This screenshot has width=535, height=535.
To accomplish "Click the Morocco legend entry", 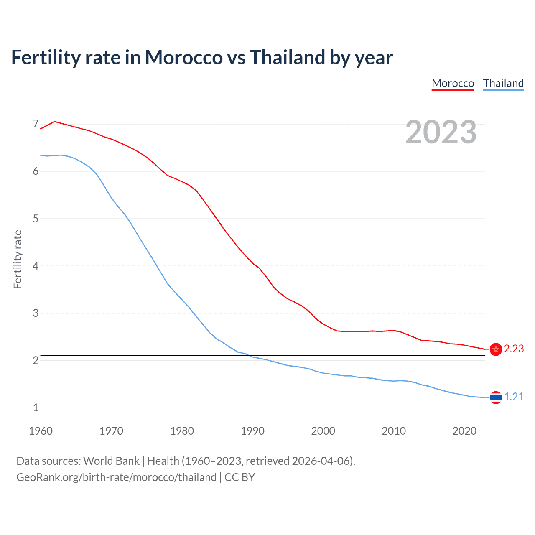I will pyautogui.click(x=453, y=83).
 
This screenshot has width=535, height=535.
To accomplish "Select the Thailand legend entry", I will pyautogui.click(x=503, y=83).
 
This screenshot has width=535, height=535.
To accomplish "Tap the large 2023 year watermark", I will pyautogui.click(x=441, y=132).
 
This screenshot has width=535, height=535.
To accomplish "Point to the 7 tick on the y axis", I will pyautogui.click(x=36, y=124).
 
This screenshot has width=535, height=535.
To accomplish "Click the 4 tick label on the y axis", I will pyautogui.click(x=36, y=266).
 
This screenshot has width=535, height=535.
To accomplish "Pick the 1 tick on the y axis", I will pyautogui.click(x=36, y=408).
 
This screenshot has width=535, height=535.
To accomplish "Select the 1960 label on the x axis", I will pyautogui.click(x=41, y=431).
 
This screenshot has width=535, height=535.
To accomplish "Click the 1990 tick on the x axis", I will pyautogui.click(x=252, y=431).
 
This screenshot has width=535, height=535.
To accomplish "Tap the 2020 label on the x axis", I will pyautogui.click(x=464, y=431).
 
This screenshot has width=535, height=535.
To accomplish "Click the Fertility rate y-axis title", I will pyautogui.click(x=18, y=259).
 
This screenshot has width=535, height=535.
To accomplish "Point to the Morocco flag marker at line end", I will pyautogui.click(x=496, y=349).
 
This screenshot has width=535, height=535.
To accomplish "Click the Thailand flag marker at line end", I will pyautogui.click(x=496, y=397).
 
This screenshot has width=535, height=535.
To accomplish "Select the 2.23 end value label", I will pyautogui.click(x=514, y=349).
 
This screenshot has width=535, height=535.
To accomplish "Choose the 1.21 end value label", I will pyautogui.click(x=514, y=397).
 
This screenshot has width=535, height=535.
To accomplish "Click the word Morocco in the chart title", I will pyautogui.click(x=183, y=58).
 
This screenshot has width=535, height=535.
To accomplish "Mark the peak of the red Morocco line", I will pyautogui.click(x=55, y=121).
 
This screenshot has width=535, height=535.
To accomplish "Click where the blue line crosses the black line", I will pyautogui.click(x=248, y=355).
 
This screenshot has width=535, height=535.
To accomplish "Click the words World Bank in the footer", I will pyautogui.click(x=111, y=461).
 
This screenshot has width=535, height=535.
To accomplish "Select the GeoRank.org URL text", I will pyautogui.click(x=116, y=477).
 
